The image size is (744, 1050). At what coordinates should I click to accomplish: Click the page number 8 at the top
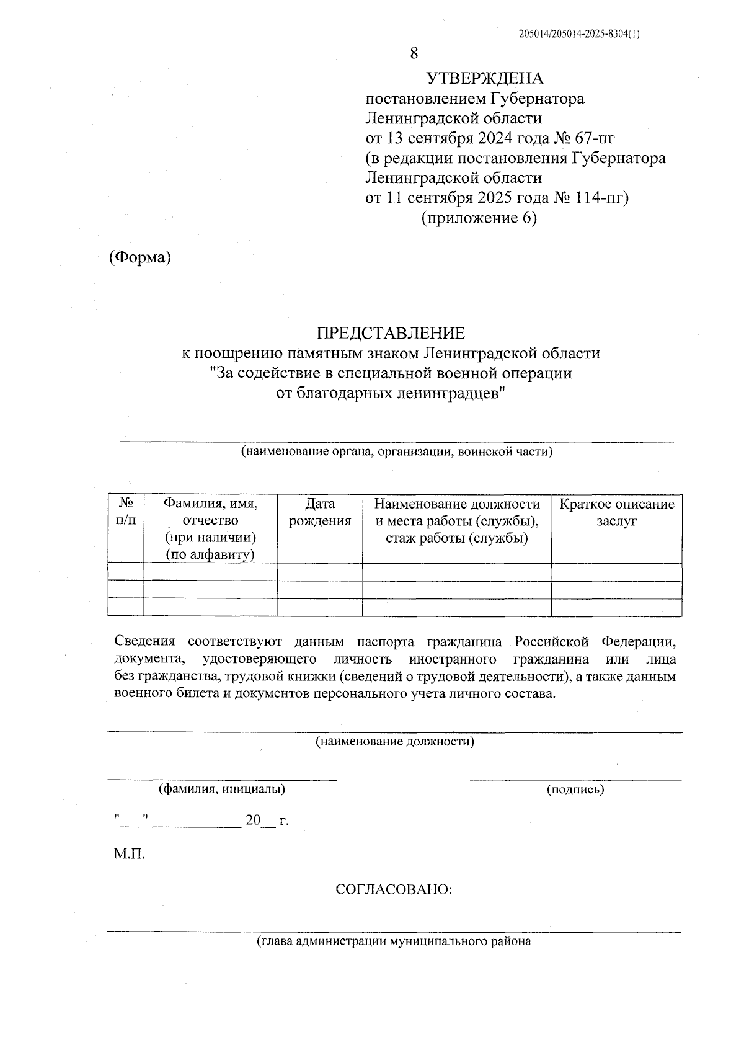[x=414, y=53]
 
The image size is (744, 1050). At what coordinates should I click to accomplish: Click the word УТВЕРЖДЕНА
[x=484, y=78]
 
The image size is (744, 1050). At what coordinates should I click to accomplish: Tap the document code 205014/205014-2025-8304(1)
[x=579, y=35]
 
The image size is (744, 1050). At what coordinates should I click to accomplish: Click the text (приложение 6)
[x=479, y=218]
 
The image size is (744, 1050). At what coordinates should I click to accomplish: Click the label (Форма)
[x=139, y=257]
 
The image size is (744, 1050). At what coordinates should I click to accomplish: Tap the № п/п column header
[x=126, y=512]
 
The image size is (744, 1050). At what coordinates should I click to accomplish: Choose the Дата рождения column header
[x=320, y=512]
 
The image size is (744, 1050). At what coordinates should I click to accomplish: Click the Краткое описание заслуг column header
[x=617, y=512]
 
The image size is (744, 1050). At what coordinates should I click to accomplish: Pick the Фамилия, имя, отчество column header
[x=210, y=528]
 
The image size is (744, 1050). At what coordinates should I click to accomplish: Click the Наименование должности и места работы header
[x=457, y=521]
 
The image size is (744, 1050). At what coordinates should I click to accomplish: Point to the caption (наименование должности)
[x=395, y=741]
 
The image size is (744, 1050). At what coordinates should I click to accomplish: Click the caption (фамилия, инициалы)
[x=222, y=790]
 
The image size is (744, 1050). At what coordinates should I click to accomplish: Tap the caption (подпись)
[x=575, y=790]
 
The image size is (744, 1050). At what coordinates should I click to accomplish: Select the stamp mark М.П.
[x=129, y=855]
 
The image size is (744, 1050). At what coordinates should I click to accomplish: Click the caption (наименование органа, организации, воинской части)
[x=397, y=452]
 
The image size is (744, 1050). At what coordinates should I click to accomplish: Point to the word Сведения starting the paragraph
[x=145, y=641]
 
